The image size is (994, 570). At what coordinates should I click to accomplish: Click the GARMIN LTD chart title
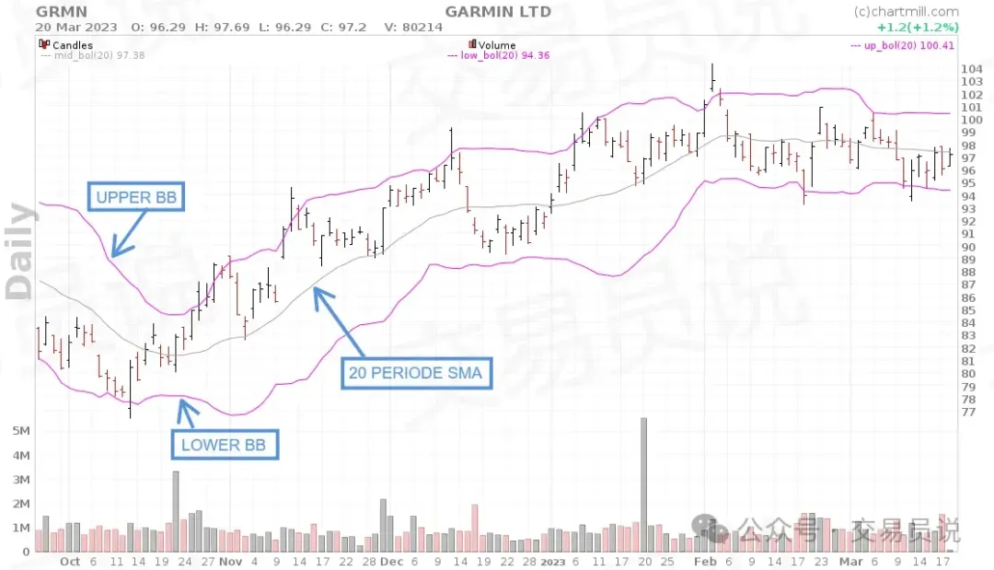(498, 11)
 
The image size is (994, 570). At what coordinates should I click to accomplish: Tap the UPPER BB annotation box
(135, 196)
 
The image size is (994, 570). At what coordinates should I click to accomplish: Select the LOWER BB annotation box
(224, 446)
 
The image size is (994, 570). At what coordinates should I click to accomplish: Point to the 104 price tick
(971, 69)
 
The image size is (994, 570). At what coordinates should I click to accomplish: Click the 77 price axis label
(968, 412)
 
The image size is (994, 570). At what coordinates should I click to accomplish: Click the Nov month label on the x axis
(231, 561)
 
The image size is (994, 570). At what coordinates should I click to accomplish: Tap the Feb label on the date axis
(705, 561)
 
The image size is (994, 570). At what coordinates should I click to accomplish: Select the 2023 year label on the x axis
(552, 561)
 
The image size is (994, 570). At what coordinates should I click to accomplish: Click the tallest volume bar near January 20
(644, 484)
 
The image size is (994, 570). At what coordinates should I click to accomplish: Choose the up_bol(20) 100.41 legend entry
(903, 44)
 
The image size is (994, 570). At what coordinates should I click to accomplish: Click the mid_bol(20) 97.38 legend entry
(93, 55)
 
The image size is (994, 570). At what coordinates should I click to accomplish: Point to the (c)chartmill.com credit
(906, 12)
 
